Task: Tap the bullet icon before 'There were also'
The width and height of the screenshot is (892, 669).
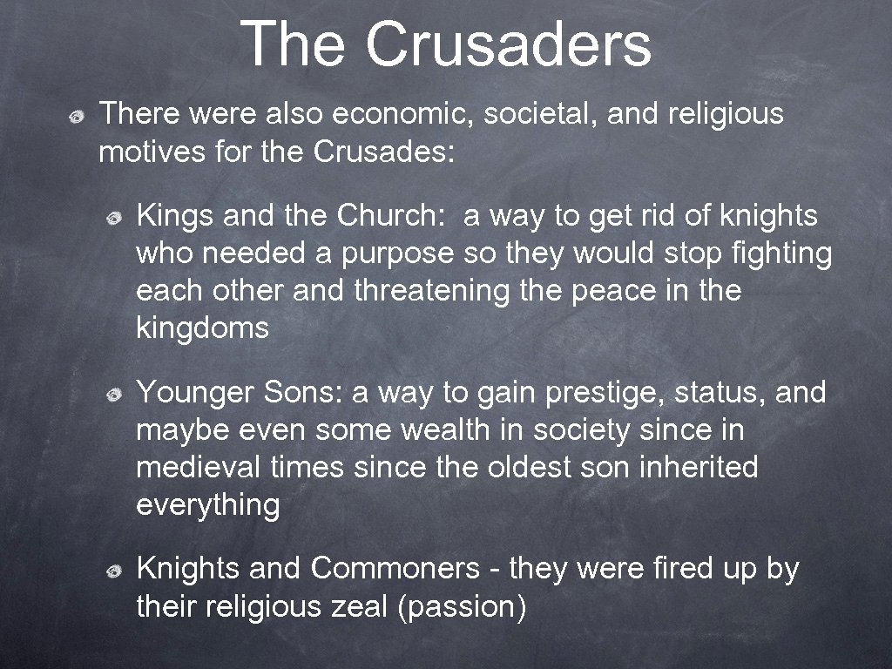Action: [x=78, y=116]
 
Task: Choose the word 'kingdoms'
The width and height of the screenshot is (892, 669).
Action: [x=203, y=328]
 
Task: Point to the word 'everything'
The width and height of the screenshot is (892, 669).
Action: [x=208, y=505]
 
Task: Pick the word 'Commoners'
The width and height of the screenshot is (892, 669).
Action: [x=395, y=568]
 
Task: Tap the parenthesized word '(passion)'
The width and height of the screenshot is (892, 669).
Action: [x=462, y=607]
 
